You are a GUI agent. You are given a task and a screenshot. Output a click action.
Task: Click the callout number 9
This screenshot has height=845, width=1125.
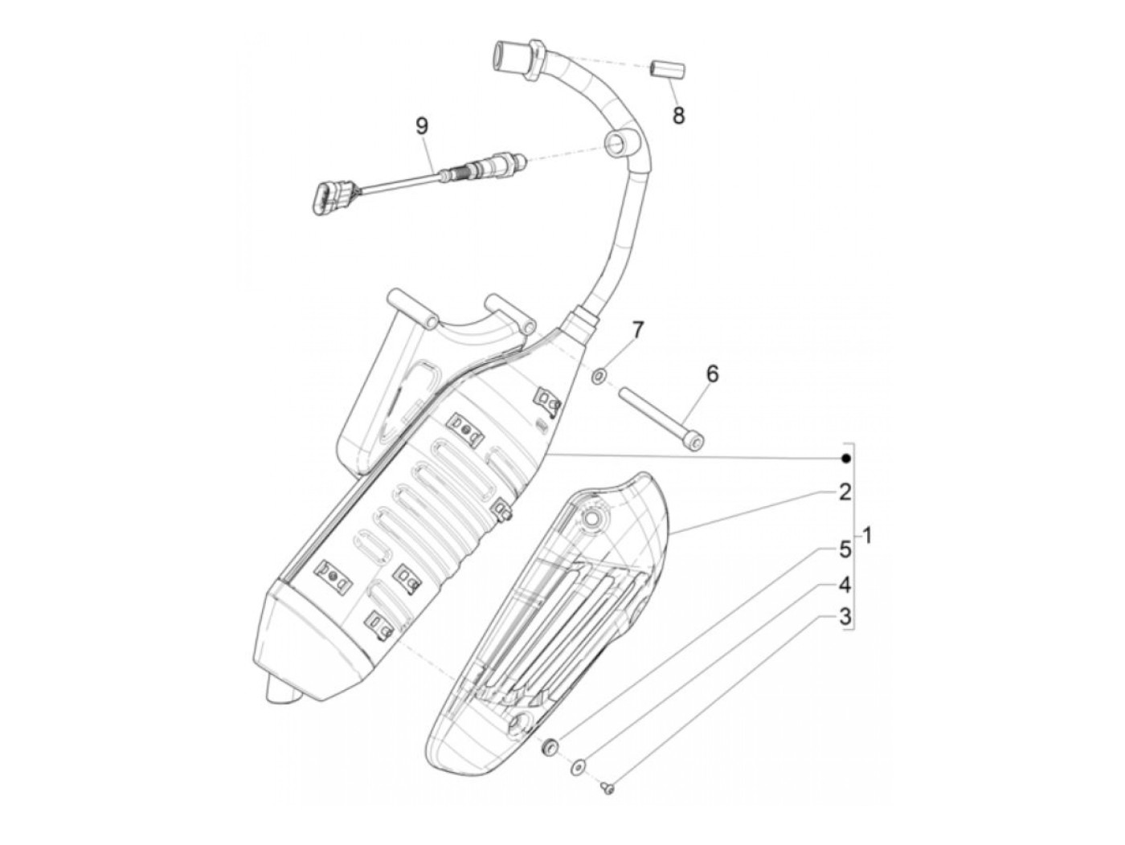(x=422, y=126)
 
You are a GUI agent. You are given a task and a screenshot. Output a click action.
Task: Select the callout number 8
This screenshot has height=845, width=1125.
(x=679, y=116)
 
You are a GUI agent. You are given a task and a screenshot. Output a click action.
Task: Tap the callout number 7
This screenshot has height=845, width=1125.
(x=637, y=329)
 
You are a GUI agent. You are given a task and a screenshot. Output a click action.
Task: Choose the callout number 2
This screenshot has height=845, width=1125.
(x=844, y=492)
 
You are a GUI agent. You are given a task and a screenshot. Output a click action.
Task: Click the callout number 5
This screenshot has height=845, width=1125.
(x=844, y=550)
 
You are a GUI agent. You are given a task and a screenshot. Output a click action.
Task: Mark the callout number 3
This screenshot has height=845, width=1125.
(x=844, y=617)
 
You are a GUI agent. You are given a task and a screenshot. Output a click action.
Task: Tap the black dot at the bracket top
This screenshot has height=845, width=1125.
(x=845, y=458)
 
